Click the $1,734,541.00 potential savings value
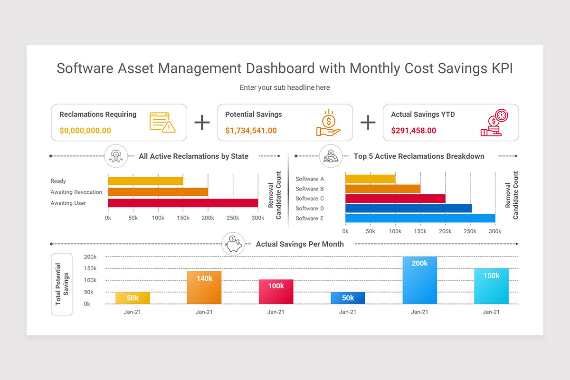[251, 131]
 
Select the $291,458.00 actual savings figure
[414, 131]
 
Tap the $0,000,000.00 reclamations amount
[85, 131]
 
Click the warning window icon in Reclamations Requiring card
[162, 123]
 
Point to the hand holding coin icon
[328, 123]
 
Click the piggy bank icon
[233, 244]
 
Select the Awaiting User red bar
[183, 203]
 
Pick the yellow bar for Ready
[145, 181]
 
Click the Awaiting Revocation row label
[76, 192]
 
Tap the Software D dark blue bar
[408, 209]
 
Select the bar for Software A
[370, 179]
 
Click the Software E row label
[310, 218]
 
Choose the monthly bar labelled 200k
[419, 280]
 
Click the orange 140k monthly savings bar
[204, 287]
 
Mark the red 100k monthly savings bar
[276, 292]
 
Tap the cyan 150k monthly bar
[491, 286]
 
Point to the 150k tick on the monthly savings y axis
[90, 268]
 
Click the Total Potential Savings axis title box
[62, 285]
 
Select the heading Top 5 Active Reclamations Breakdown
[419, 156]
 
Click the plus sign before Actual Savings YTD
[368, 123]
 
